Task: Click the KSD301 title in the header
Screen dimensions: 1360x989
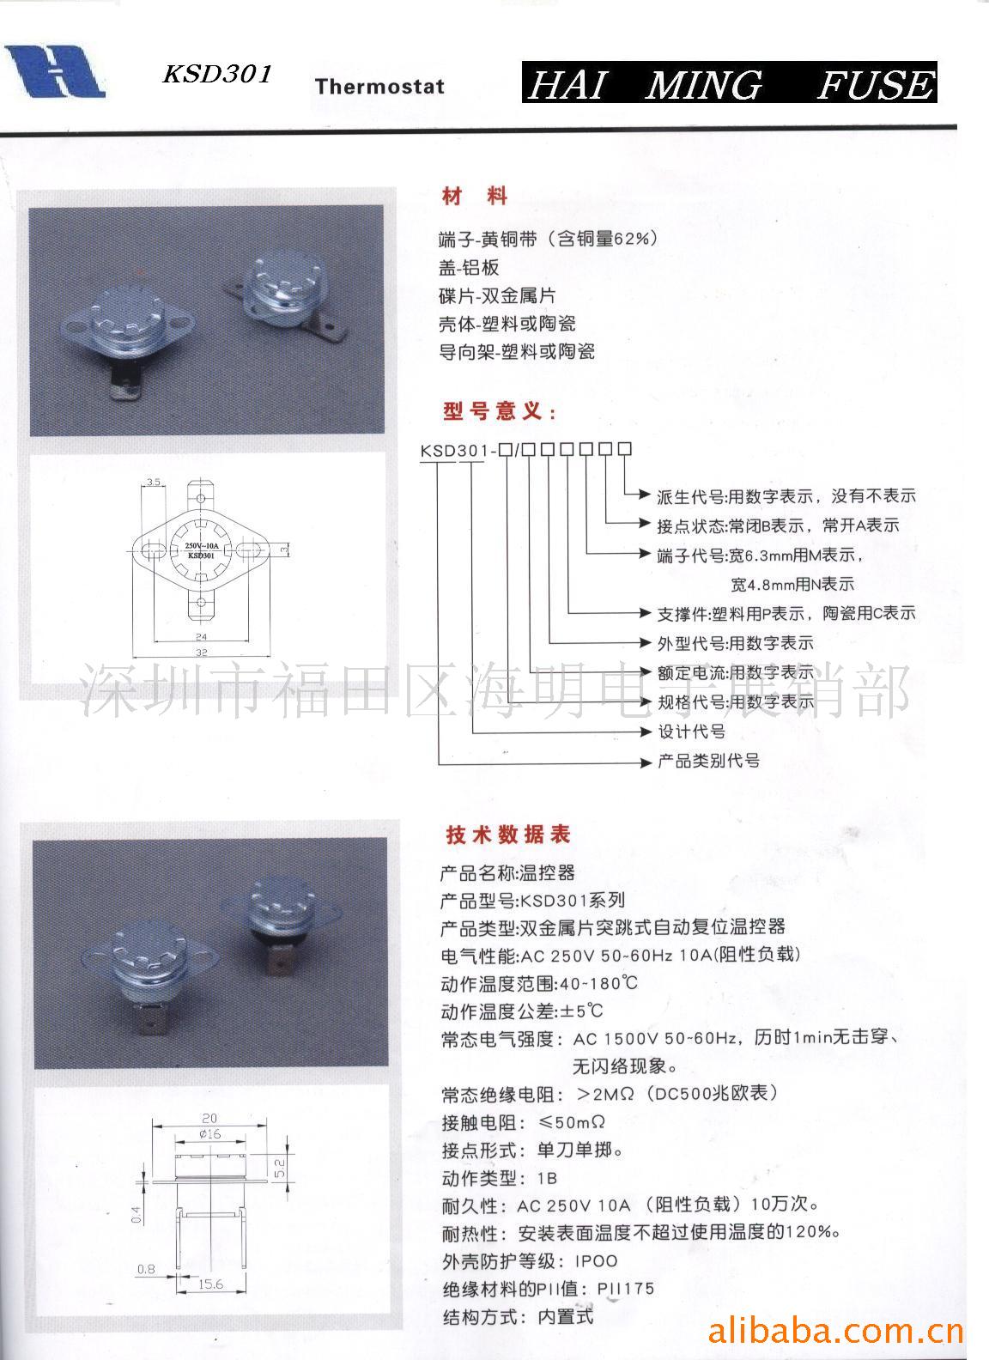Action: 217,75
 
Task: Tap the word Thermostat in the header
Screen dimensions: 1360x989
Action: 379,86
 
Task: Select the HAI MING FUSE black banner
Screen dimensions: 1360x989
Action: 729,84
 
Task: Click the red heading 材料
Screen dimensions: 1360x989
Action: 475,197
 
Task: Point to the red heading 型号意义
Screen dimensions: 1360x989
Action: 499,411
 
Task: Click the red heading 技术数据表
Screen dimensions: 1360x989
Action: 507,834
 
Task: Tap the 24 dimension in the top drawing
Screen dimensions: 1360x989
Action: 201,637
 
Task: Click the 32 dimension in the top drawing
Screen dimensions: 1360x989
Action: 201,653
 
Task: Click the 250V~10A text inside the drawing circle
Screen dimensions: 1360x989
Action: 200,545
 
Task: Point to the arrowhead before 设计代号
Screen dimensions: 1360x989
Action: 648,732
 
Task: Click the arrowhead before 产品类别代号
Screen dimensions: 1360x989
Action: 648,761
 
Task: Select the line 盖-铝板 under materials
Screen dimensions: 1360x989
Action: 469,267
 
